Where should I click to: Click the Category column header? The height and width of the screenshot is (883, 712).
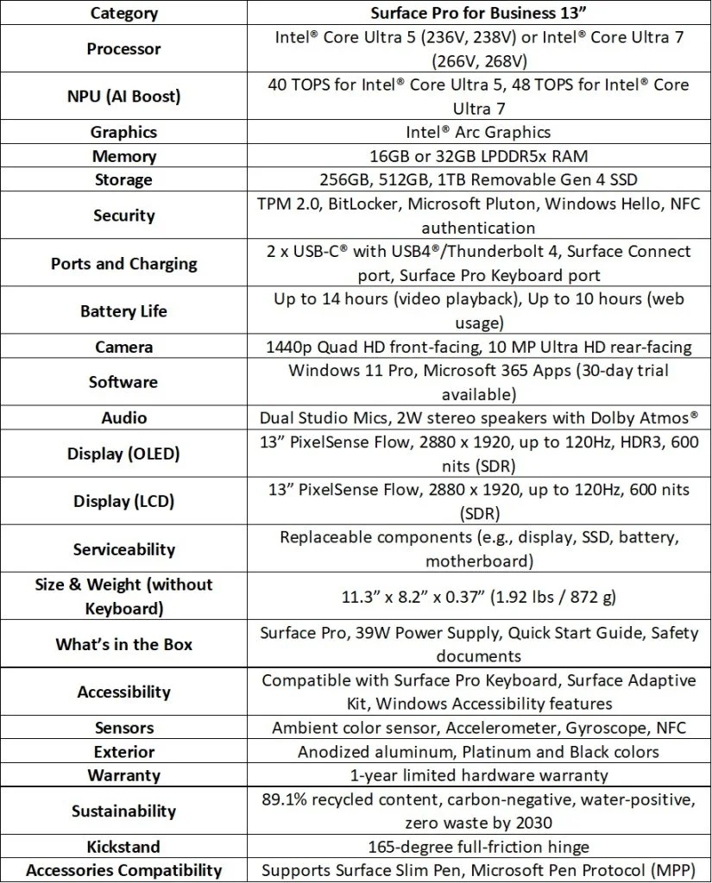point(123,13)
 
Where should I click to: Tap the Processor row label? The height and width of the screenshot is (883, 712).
point(123,49)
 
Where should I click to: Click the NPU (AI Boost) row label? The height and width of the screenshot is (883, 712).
point(123,97)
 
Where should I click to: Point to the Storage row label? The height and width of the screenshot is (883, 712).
point(123,179)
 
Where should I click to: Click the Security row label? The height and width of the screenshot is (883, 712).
point(123,216)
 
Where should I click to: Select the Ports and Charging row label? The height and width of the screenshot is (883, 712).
point(123,263)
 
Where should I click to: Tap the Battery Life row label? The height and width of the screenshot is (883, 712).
point(123,310)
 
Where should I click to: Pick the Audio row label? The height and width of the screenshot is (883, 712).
point(123,417)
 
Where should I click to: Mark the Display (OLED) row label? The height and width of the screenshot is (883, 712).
point(123,454)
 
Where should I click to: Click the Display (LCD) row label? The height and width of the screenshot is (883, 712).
point(123,501)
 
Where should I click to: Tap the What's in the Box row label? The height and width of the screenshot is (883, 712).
point(123,644)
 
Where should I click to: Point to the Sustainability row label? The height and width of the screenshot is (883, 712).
point(123,811)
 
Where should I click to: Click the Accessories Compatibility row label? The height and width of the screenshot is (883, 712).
point(123,870)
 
